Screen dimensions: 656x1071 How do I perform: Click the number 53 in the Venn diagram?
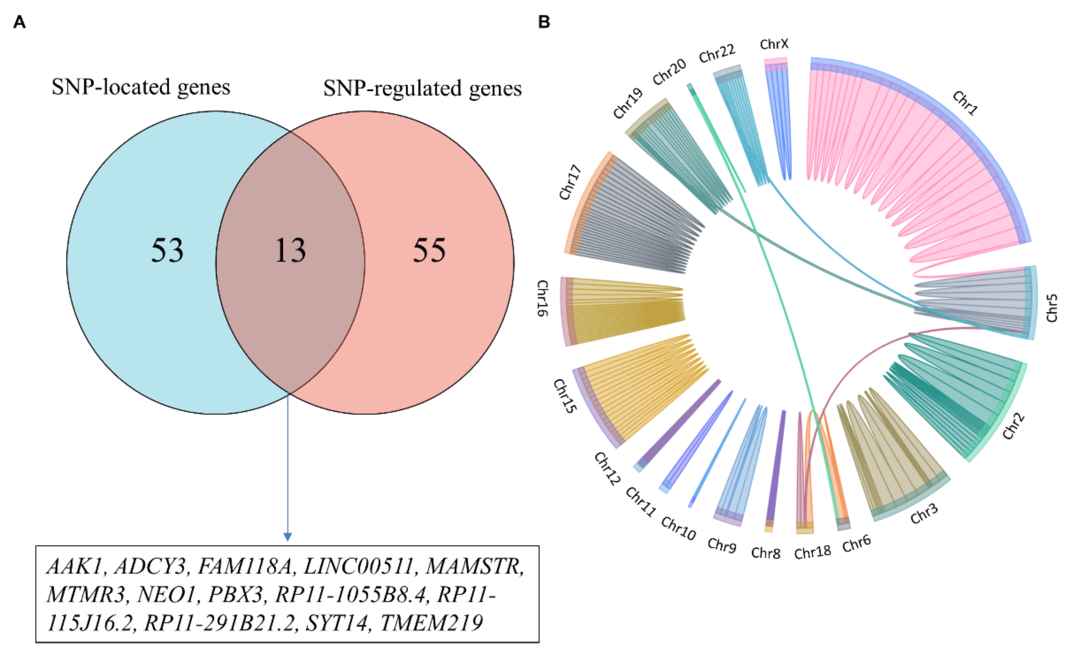point(167,251)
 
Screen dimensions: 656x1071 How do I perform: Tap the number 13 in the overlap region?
point(290,251)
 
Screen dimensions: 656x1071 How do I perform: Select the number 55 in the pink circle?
point(429,251)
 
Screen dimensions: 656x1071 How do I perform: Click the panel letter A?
point(19,22)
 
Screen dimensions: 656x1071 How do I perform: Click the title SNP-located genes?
point(141,87)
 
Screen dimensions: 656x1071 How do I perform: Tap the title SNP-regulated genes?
point(422,88)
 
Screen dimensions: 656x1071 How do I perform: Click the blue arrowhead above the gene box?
point(287,536)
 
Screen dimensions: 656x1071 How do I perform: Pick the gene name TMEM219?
point(432,623)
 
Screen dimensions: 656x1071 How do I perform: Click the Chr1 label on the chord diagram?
point(965,103)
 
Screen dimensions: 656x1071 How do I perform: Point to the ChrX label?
point(774,44)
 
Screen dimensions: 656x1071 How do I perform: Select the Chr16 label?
point(542,298)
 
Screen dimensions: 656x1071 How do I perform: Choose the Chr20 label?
point(669,72)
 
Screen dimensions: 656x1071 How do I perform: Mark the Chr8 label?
point(766,553)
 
